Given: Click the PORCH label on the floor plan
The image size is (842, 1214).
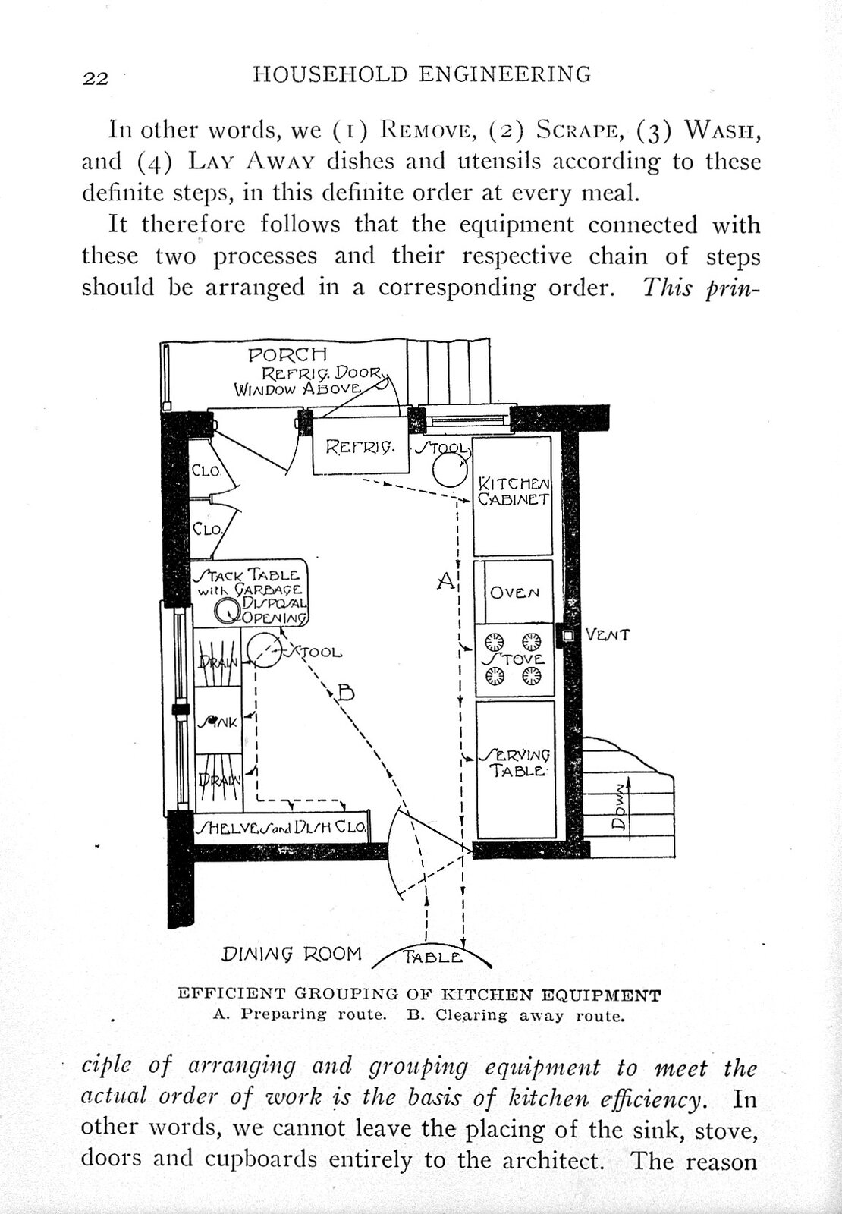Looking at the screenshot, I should [x=287, y=355].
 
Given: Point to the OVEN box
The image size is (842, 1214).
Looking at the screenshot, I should [x=515, y=593].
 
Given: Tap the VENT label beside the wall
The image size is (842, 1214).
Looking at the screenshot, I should [x=608, y=635].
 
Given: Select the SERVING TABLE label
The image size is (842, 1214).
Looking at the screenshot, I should [x=515, y=763].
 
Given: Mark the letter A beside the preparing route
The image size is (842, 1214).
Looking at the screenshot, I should [x=447, y=582].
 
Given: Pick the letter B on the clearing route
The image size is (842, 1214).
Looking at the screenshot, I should [x=345, y=692].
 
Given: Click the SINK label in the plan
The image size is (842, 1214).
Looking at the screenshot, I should [x=218, y=722].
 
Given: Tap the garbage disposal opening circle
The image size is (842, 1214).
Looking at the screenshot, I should [x=227, y=610].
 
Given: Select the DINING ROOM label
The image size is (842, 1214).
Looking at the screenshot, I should [x=291, y=954].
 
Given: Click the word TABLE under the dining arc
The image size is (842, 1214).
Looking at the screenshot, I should [x=432, y=958].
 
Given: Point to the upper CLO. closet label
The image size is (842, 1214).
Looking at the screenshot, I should [x=206, y=470].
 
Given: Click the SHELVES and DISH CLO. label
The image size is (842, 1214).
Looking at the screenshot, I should [x=281, y=828].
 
